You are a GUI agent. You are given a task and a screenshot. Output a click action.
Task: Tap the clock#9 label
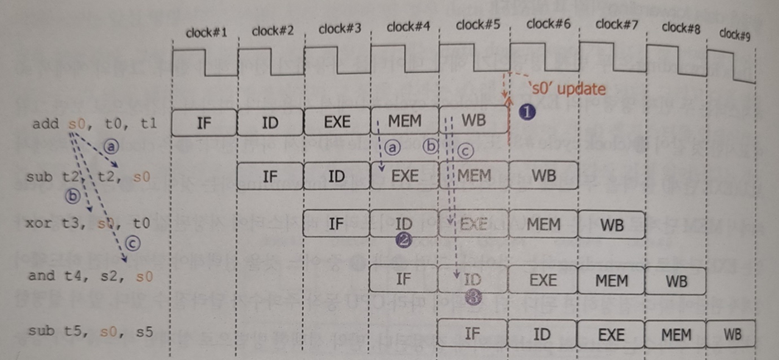click(x=733, y=34)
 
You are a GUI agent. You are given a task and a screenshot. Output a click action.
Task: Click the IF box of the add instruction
click(x=204, y=122)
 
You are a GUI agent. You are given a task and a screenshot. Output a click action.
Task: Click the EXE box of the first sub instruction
click(x=405, y=175)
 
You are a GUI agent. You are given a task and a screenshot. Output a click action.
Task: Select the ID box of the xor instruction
click(x=405, y=224)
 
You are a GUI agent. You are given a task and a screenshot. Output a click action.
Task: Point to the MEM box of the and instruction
click(x=611, y=280)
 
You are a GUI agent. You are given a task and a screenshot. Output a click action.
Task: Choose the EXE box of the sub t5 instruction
click(x=611, y=334)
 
